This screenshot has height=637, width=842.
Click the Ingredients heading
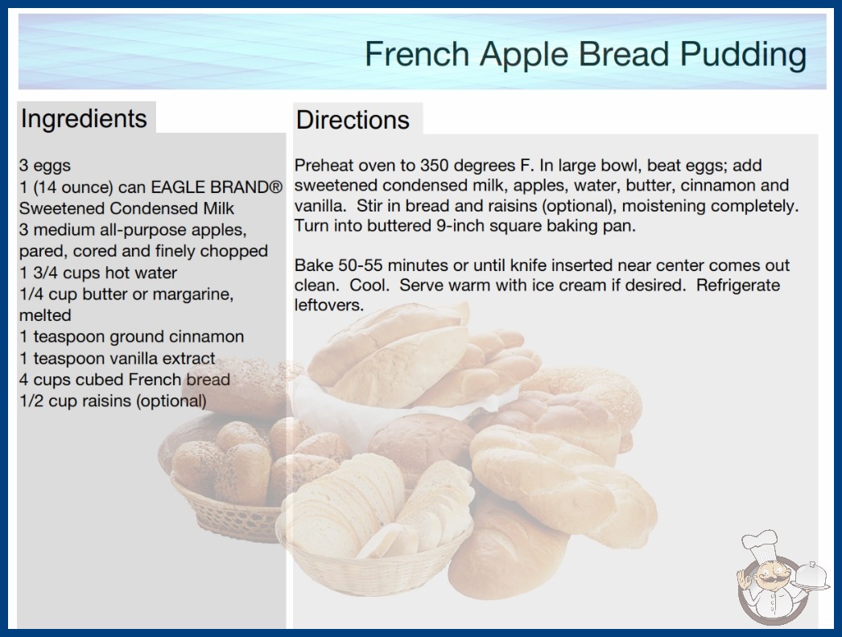(x=84, y=118)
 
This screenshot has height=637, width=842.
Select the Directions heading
(x=353, y=120)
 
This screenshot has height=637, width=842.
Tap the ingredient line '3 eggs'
(x=45, y=166)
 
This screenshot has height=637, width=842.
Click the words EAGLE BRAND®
(x=217, y=187)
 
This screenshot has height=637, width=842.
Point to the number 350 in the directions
(x=435, y=166)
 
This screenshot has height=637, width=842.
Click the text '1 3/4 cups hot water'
(x=98, y=273)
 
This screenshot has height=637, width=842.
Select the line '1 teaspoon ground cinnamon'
(x=131, y=336)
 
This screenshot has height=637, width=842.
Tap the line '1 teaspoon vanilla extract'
(x=117, y=358)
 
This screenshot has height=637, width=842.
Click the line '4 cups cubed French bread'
(x=125, y=380)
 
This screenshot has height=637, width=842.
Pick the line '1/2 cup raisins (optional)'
(x=113, y=401)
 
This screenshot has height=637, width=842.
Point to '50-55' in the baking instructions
(x=361, y=265)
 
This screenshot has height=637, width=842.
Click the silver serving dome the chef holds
(x=811, y=576)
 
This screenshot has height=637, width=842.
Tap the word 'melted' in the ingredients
(x=45, y=315)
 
